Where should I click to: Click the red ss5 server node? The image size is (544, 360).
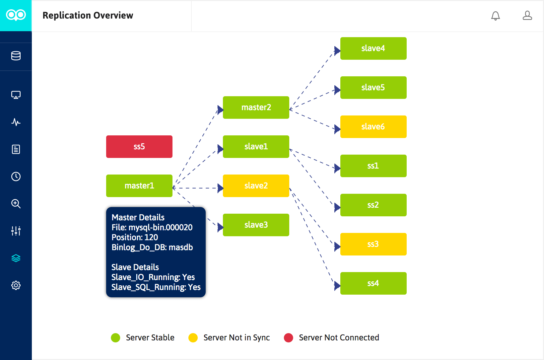(x=139, y=147)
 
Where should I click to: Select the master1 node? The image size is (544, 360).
(x=139, y=186)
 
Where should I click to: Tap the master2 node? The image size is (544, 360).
(x=256, y=108)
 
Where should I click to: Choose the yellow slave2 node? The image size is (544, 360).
(x=256, y=186)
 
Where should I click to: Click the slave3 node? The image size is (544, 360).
(x=256, y=225)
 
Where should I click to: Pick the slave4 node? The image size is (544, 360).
(x=373, y=48)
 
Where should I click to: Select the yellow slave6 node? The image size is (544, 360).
(x=373, y=127)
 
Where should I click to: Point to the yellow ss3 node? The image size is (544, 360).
(x=373, y=244)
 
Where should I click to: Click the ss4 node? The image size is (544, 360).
(x=373, y=283)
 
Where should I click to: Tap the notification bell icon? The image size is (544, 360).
(x=495, y=16)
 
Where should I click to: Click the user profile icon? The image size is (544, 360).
(x=527, y=16)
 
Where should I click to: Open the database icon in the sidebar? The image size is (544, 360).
(x=16, y=56)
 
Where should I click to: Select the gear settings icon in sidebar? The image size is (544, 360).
(x=16, y=285)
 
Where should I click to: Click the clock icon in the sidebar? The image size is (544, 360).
(x=16, y=177)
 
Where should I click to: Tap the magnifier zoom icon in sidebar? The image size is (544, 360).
(x=16, y=204)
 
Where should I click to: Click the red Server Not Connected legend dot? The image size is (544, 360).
(x=289, y=338)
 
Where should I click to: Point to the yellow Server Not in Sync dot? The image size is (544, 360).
(x=193, y=338)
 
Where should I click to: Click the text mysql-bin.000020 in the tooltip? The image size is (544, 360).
(x=161, y=228)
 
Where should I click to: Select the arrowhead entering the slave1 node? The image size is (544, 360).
(x=220, y=149)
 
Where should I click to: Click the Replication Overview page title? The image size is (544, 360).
(x=88, y=16)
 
